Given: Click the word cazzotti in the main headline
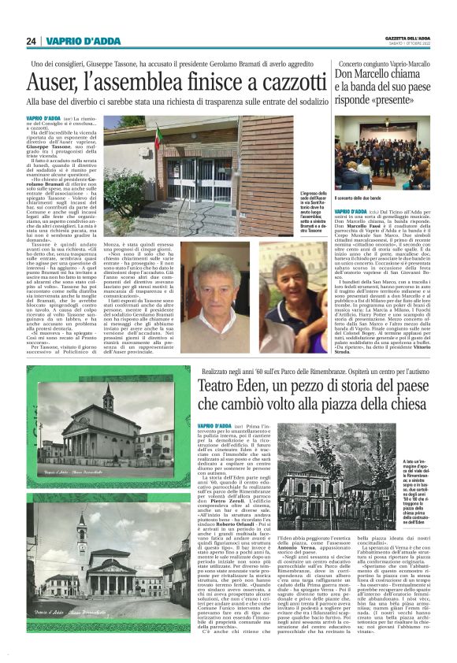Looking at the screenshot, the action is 284,82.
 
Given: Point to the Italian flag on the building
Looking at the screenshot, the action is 158,135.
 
